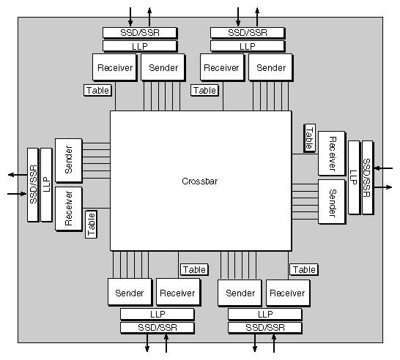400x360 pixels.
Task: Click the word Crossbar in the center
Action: (x=200, y=181)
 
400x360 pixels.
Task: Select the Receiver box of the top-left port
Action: (x=114, y=67)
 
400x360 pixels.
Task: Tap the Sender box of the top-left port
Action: (x=163, y=67)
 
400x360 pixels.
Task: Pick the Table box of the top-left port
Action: (x=98, y=91)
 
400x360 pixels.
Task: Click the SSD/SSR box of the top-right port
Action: (x=247, y=33)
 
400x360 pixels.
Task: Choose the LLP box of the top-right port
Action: (x=247, y=46)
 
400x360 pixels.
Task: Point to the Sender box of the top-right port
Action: (x=271, y=67)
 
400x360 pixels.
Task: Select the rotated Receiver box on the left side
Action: (x=68, y=209)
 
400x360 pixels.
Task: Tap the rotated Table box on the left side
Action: (x=92, y=224)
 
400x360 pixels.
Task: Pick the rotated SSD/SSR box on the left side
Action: (x=32, y=184)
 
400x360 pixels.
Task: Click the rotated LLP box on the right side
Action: (x=354, y=177)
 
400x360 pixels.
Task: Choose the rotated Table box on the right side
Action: (x=309, y=137)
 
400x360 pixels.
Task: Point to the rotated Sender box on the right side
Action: (x=331, y=201)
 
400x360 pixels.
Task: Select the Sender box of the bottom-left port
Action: (x=130, y=293)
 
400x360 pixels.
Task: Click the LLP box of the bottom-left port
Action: (x=157, y=314)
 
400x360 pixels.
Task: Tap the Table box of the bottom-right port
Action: (x=303, y=269)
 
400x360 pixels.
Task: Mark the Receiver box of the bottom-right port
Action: (x=286, y=293)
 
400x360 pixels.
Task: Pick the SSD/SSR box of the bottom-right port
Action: (x=264, y=327)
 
